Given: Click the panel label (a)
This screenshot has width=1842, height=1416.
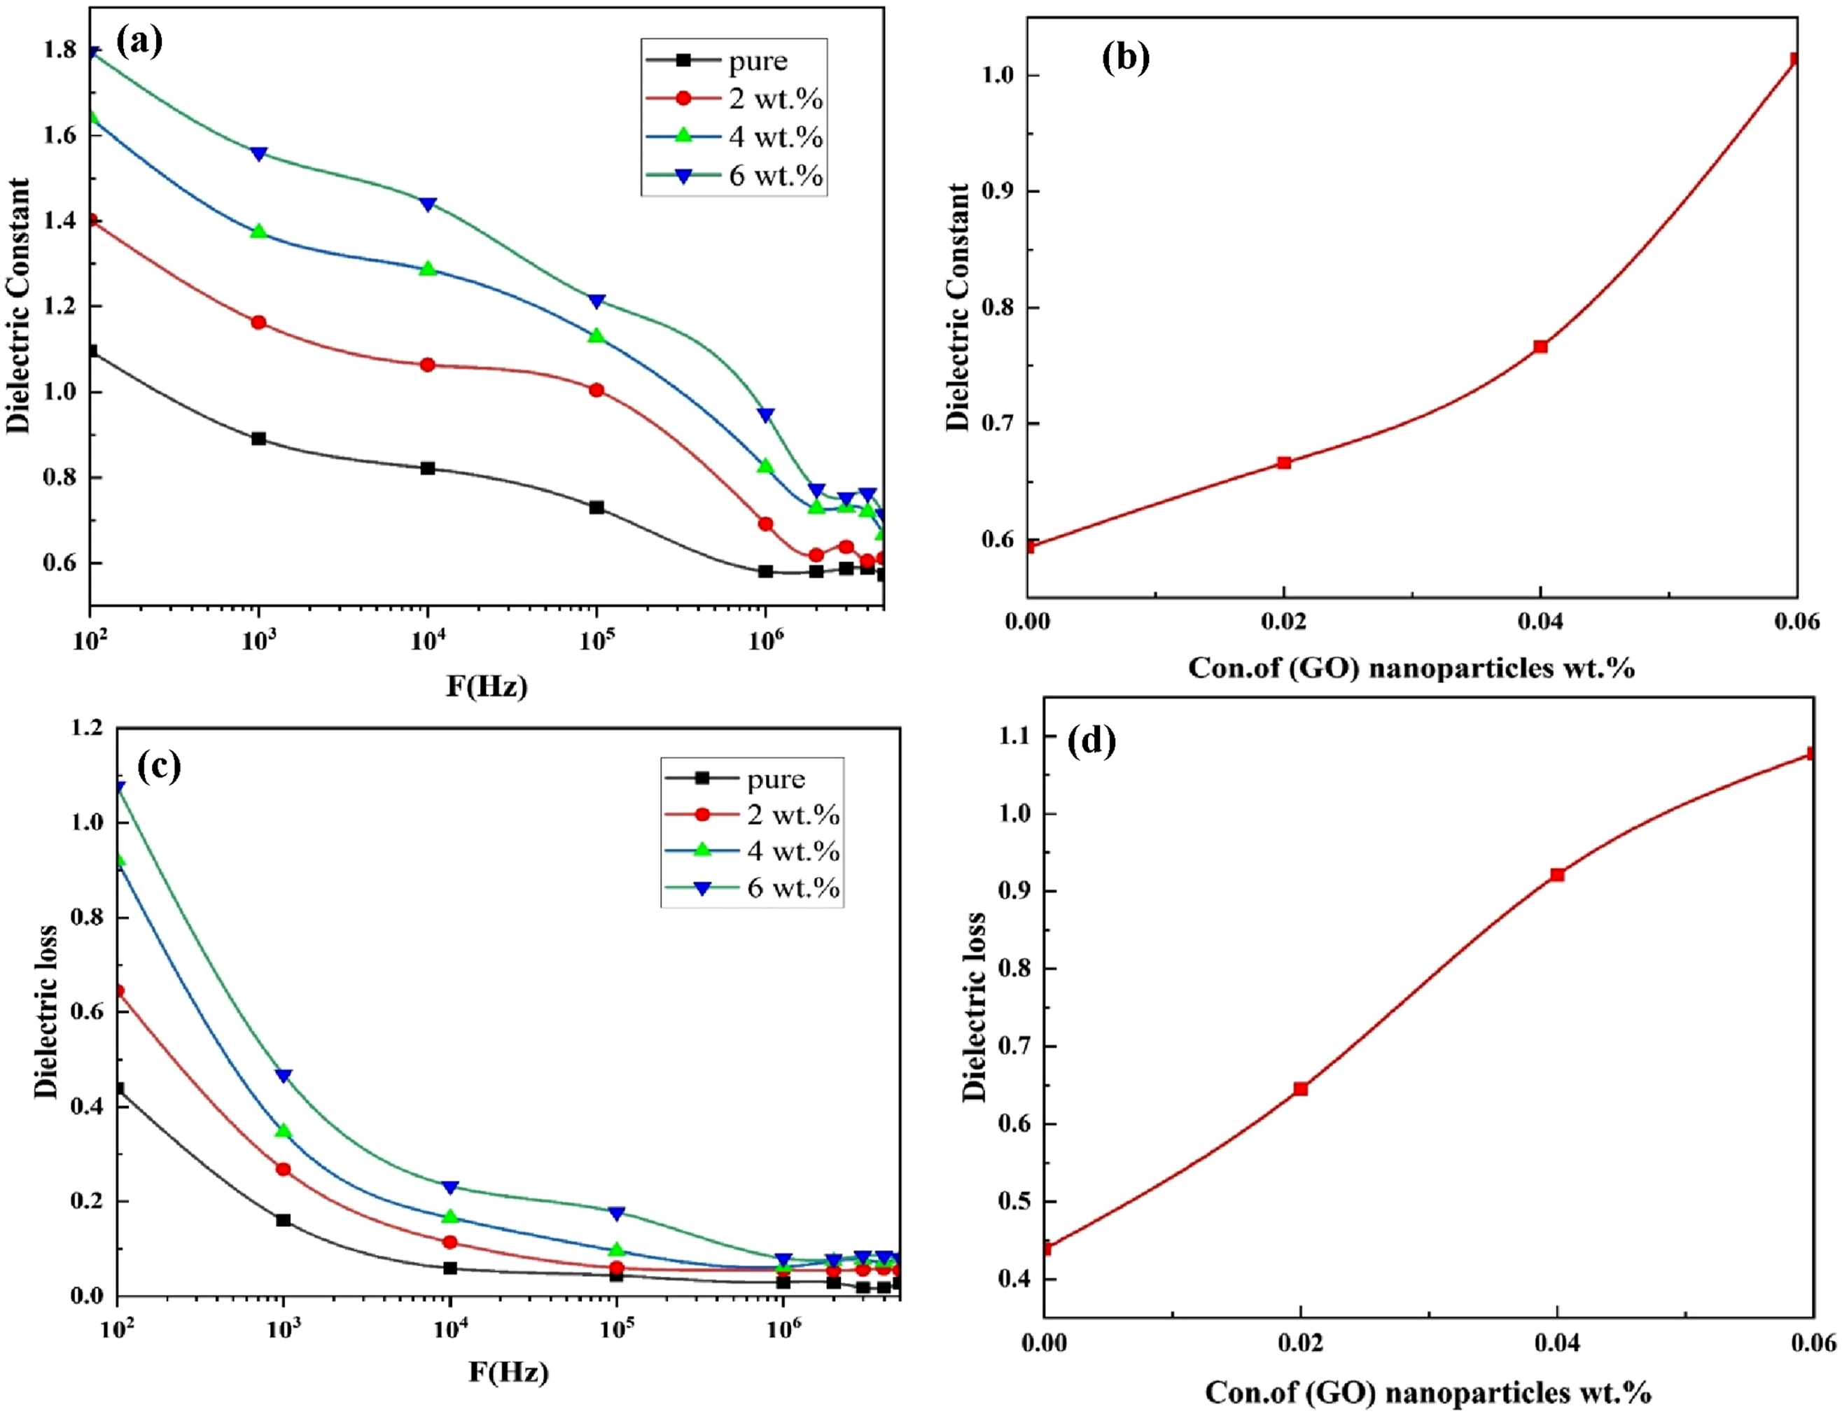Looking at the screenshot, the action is pos(140,41).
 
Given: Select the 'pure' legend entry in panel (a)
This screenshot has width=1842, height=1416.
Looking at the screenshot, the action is pos(718,61).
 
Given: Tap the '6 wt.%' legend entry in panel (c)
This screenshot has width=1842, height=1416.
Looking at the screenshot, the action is pos(752,888).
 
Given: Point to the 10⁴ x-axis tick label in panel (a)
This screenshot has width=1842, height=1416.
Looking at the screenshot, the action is pos(428,640).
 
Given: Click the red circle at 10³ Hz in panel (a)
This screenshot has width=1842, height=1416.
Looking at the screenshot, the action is pos(259,323).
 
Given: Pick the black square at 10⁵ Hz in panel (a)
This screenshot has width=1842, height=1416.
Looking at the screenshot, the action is pos(597,507).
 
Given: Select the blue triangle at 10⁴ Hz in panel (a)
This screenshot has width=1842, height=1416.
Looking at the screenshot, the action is pos(428,204).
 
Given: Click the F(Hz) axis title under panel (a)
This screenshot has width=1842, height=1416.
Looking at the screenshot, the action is pos(487,687).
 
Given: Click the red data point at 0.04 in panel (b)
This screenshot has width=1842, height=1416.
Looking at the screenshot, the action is pos(1540,346).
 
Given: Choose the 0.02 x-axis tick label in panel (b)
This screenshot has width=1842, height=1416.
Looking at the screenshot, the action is pos(1284,622).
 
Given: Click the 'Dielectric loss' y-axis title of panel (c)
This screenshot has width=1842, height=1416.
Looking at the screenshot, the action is pos(47,1012).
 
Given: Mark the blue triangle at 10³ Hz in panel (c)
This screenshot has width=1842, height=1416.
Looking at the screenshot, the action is pos(284,1077).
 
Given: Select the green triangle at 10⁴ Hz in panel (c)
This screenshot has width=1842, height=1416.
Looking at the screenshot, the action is pos(449,1217).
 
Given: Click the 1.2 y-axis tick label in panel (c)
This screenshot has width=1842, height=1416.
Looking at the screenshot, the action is pos(87,727).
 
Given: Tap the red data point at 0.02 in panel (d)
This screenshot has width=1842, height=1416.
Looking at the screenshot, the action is pos(1301,1089).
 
